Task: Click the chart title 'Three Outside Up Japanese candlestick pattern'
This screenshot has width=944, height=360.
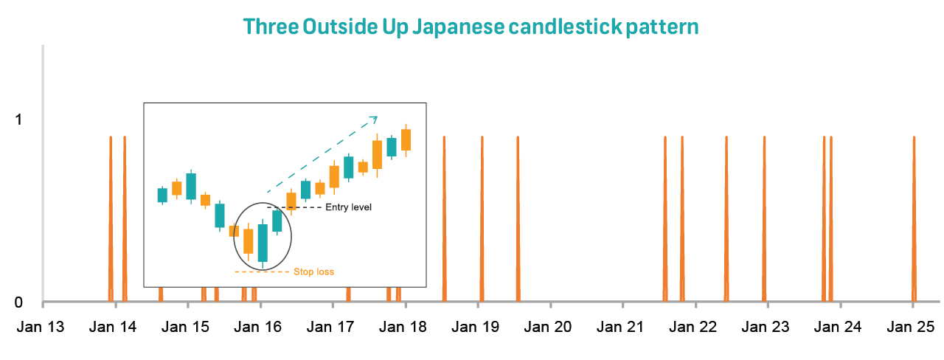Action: click(471, 27)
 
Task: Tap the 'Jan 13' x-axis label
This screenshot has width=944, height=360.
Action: click(41, 327)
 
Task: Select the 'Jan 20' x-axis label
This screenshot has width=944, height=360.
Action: click(548, 327)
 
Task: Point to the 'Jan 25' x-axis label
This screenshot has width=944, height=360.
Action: click(911, 327)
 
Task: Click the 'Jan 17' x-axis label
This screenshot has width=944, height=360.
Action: click(330, 327)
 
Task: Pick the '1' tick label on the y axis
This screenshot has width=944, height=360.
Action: click(18, 120)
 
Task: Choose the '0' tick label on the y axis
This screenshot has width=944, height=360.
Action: click(18, 302)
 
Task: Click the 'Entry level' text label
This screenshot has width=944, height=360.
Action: click(349, 207)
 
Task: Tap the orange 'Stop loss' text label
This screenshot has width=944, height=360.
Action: click(314, 272)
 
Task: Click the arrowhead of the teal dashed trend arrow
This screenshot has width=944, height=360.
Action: click(374, 119)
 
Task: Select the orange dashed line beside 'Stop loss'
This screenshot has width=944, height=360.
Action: click(262, 272)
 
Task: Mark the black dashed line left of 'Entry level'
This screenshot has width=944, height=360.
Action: click(294, 207)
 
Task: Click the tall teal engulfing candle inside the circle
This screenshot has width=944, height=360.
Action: click(263, 243)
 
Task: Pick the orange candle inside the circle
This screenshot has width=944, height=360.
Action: click(249, 241)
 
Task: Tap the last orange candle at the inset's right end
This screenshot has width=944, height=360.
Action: click(406, 140)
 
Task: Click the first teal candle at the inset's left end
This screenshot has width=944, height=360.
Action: click(162, 195)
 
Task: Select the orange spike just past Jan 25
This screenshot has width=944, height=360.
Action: click(914, 219)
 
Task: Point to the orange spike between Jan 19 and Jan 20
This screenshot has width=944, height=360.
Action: click(518, 219)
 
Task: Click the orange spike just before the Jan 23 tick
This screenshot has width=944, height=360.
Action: click(765, 219)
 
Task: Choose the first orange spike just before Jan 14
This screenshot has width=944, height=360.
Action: click(111, 219)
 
